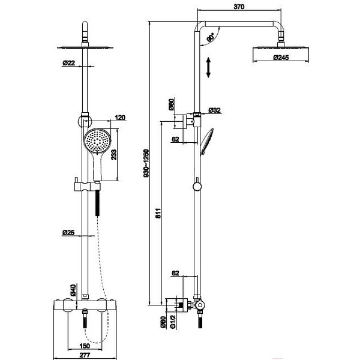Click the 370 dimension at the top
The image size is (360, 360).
(x=239, y=7)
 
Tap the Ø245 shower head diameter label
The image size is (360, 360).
(x=281, y=58)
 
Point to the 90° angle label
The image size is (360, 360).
(x=211, y=37)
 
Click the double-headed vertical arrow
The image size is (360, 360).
(x=208, y=67)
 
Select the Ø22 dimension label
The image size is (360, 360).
(x=68, y=62)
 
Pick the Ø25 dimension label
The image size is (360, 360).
(x=68, y=233)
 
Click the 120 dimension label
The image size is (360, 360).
(x=120, y=118)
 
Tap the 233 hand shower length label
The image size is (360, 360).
(x=113, y=155)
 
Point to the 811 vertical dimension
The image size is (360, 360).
(x=158, y=213)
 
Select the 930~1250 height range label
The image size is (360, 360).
(x=146, y=163)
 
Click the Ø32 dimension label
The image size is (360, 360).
(x=214, y=110)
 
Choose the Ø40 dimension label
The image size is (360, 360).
(x=73, y=290)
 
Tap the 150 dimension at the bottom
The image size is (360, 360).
(x=85, y=346)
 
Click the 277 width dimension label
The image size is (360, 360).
(x=85, y=355)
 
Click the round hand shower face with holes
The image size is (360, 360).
(x=98, y=140)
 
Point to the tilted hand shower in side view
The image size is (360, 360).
(x=206, y=142)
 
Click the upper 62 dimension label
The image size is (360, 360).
(x=175, y=139)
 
